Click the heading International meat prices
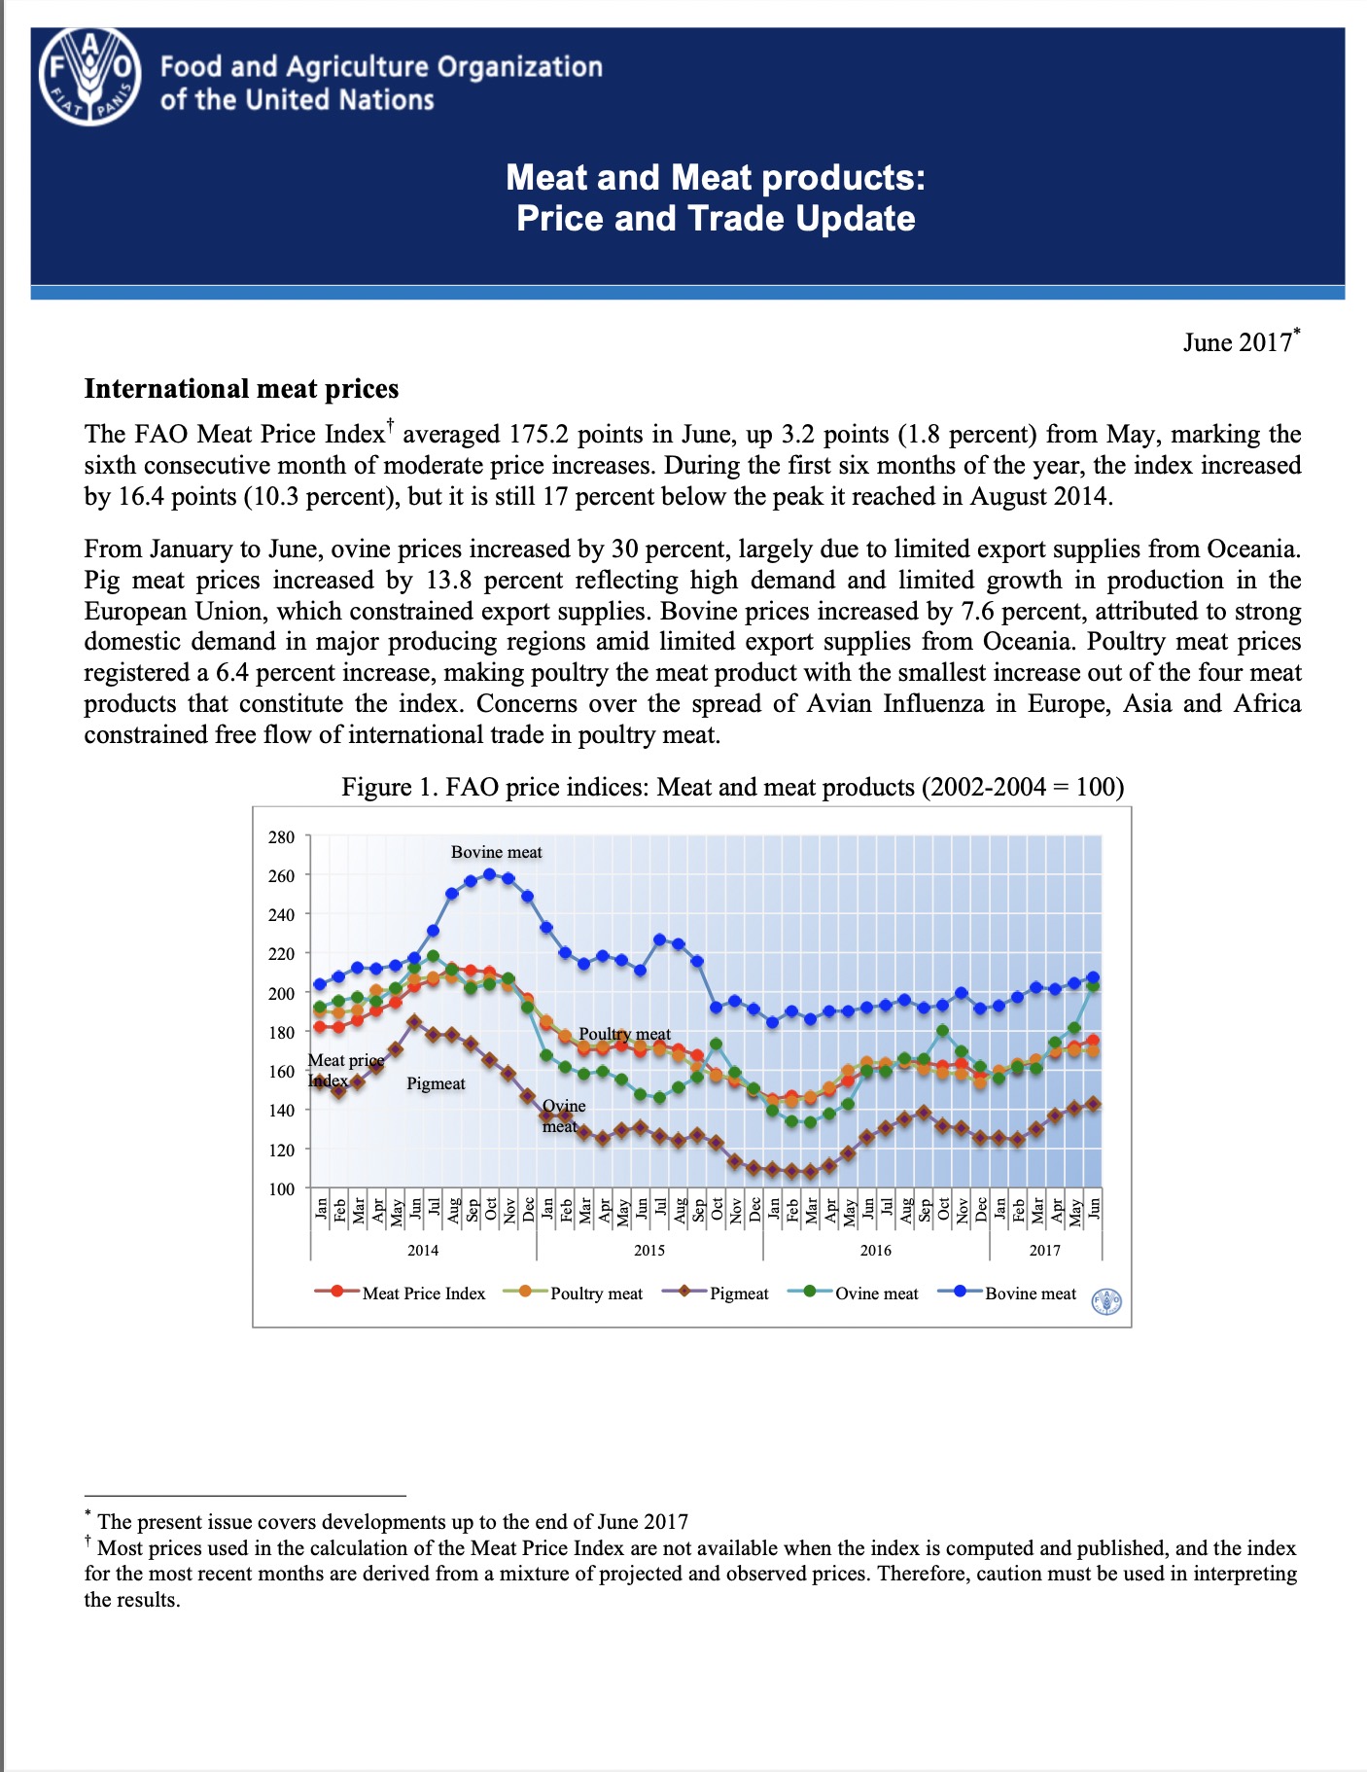click(x=241, y=389)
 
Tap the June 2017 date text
click(x=1237, y=342)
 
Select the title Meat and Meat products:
click(x=716, y=177)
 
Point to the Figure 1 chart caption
click(x=732, y=786)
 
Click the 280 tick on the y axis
click(x=281, y=836)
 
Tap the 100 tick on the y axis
click(x=281, y=1188)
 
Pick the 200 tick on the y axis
click(x=281, y=993)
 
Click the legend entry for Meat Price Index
click(x=423, y=1294)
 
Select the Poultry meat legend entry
click(x=596, y=1294)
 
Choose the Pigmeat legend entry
click(x=738, y=1294)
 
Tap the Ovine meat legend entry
click(x=876, y=1294)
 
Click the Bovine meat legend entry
click(x=1030, y=1294)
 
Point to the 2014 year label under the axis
click(x=423, y=1250)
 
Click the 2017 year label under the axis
click(x=1045, y=1250)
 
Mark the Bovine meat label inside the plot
click(x=496, y=852)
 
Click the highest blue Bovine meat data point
click(x=489, y=873)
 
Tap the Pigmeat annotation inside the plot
click(x=436, y=1083)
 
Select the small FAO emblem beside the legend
click(x=1107, y=1301)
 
